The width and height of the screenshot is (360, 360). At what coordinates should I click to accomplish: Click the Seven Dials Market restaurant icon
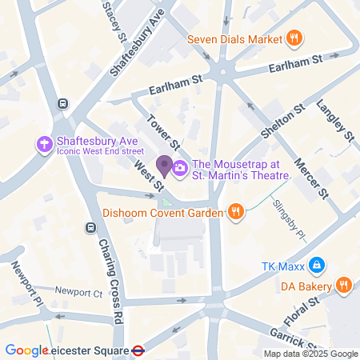[x=294, y=38]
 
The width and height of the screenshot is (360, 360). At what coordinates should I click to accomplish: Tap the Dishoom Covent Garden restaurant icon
[x=234, y=212]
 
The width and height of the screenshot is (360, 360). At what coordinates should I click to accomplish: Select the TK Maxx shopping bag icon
[x=317, y=264]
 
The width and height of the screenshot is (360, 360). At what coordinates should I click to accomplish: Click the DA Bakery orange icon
[x=343, y=283]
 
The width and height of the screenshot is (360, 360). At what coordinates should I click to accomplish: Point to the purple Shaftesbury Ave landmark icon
[x=44, y=144]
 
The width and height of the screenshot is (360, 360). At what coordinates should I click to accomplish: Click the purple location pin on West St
[x=164, y=166]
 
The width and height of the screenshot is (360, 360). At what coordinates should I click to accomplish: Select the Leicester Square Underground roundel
[x=138, y=350]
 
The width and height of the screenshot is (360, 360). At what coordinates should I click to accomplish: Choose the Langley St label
[x=334, y=121]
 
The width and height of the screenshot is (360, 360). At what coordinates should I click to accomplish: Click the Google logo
[x=26, y=350]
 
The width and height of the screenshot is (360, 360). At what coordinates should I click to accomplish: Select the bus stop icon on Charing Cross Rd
[x=90, y=227]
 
